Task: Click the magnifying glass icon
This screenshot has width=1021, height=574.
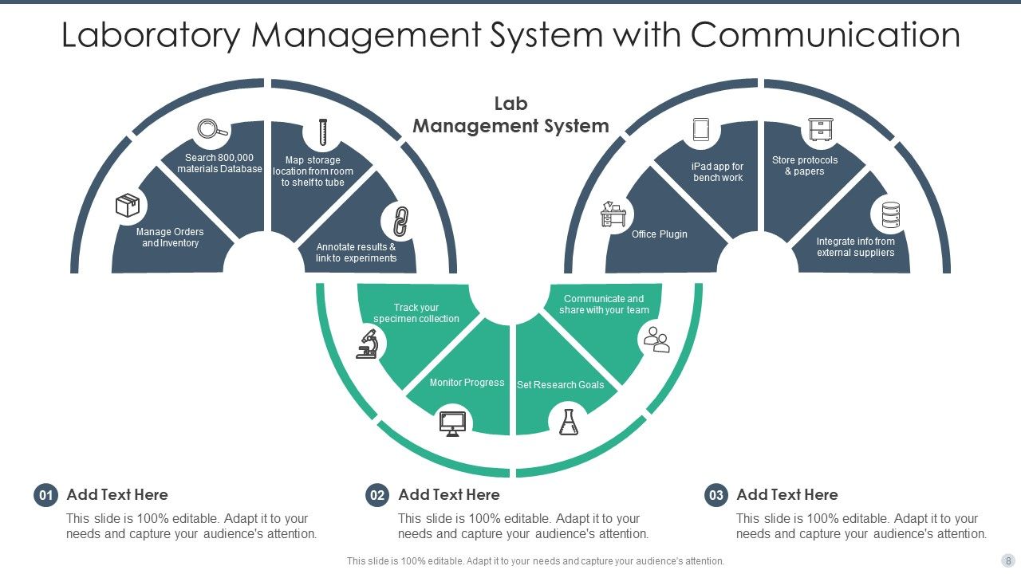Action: tap(212, 129)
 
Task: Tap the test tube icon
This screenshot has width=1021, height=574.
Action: tap(323, 132)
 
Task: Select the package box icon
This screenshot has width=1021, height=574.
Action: tap(128, 205)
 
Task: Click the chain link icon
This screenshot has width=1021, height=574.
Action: tap(400, 222)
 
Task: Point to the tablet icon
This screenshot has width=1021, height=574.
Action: tap(701, 129)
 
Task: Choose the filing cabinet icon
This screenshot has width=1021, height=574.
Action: tap(821, 129)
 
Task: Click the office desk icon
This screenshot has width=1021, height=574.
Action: tap(613, 214)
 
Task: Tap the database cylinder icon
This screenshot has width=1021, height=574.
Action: tap(891, 215)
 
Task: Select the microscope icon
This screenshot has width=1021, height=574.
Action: tap(368, 344)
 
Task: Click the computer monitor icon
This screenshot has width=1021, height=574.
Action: tap(452, 423)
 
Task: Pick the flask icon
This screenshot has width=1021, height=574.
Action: tap(569, 422)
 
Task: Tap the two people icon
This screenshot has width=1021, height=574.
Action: tap(656, 340)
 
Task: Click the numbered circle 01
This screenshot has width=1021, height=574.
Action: tap(45, 495)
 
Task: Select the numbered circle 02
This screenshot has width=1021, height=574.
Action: tap(377, 495)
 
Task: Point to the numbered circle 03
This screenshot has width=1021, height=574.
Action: tap(716, 495)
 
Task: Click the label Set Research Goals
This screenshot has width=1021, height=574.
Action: tap(560, 385)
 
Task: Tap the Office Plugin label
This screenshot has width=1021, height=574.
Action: tap(659, 234)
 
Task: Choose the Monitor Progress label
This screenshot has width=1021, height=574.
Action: tap(467, 383)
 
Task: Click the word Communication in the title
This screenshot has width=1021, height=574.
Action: tap(826, 34)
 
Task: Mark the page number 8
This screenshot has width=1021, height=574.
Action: tap(1007, 560)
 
